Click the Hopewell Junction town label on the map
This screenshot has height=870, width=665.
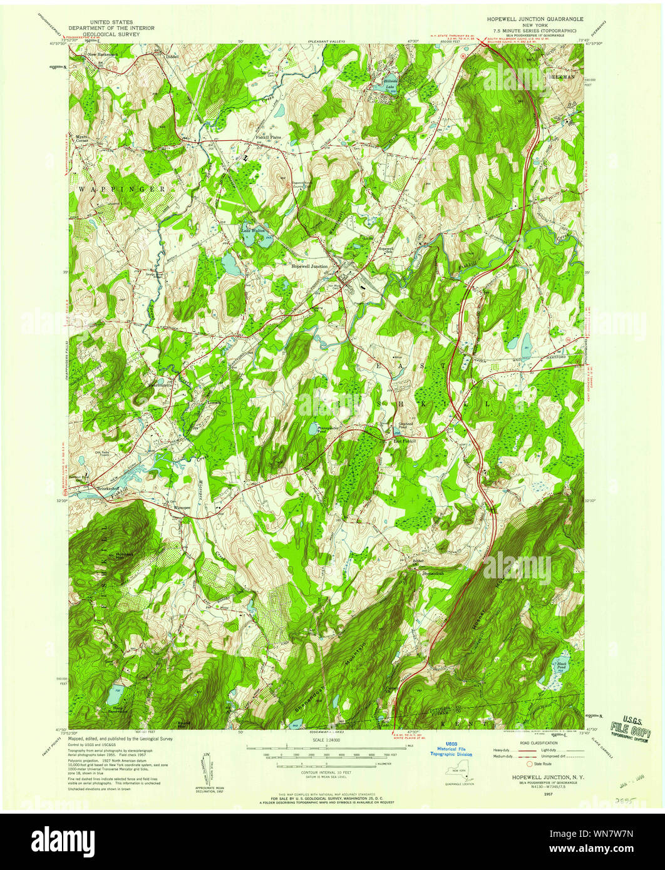click(x=309, y=266)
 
